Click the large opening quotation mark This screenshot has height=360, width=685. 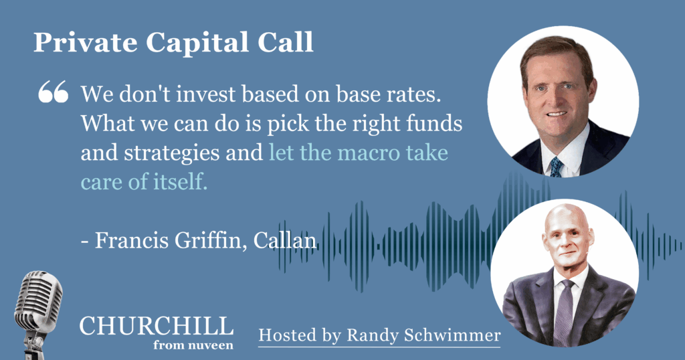(54, 91)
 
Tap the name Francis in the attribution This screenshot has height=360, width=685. (131, 240)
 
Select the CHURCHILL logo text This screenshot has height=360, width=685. (157, 327)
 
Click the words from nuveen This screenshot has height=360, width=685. (193, 345)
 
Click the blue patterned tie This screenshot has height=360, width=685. (556, 167)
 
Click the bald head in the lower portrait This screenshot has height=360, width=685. (567, 221)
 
